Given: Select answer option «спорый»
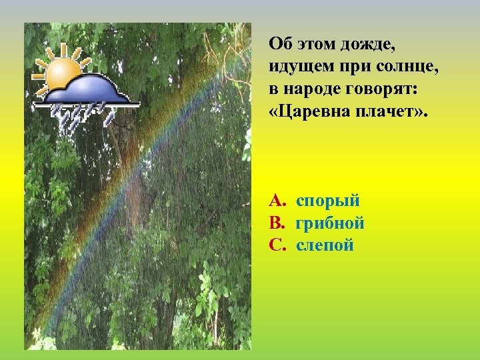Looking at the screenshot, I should pos(328,201).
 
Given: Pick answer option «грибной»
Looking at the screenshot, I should pos(330,223).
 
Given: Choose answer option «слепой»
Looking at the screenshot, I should pos(325,245).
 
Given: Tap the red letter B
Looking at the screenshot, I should pos(276,223).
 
